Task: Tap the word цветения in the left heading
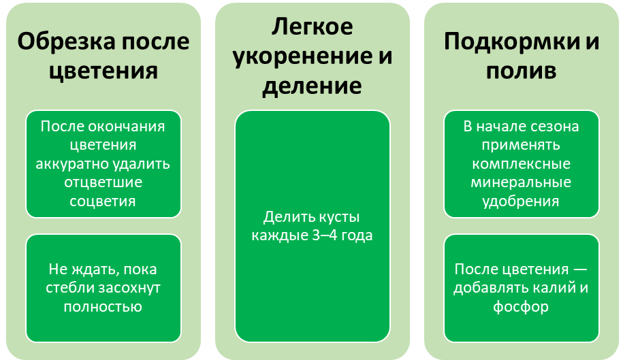tap(103, 71)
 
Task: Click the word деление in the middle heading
tap(312, 86)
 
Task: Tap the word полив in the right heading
tap(522, 71)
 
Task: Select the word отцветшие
tap(103, 182)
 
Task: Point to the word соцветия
tap(103, 201)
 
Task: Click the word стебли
tap(69, 288)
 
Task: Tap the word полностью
tap(103, 306)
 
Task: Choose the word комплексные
tap(522, 164)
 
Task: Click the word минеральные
tap(522, 182)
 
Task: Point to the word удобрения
tap(522, 201)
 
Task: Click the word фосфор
tap(522, 306)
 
